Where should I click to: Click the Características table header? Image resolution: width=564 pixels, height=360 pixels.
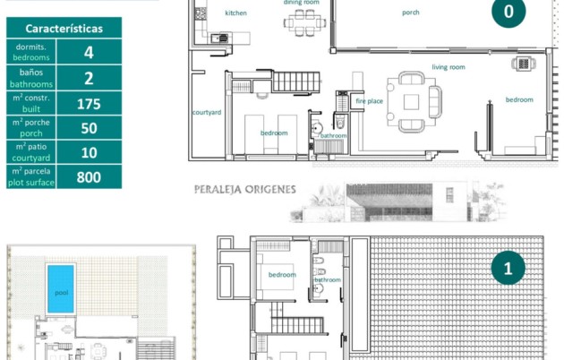click(x=64, y=29)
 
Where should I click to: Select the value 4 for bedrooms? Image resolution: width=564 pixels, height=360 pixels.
click(x=89, y=53)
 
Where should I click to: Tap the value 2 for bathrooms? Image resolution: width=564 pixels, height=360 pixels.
click(x=89, y=78)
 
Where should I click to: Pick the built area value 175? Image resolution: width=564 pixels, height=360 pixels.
click(x=89, y=103)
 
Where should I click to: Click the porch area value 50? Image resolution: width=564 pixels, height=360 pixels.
click(x=89, y=127)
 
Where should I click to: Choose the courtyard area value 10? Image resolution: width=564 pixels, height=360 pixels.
click(x=89, y=152)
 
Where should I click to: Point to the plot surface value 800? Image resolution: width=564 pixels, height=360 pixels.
click(x=89, y=176)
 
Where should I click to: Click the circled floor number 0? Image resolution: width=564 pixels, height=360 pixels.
click(x=508, y=12)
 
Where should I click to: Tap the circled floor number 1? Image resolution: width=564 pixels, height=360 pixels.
click(x=508, y=268)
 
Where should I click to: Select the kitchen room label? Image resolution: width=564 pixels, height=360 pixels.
click(x=235, y=13)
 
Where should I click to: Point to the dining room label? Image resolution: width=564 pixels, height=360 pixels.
click(x=302, y=3)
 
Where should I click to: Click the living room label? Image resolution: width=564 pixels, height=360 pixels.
click(x=448, y=67)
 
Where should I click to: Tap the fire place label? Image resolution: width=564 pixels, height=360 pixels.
click(x=369, y=101)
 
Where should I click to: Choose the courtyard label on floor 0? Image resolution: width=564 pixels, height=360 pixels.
click(x=207, y=112)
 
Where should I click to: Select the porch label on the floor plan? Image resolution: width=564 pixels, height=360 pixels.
click(x=411, y=13)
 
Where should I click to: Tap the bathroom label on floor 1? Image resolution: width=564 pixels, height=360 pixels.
click(x=327, y=279)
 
